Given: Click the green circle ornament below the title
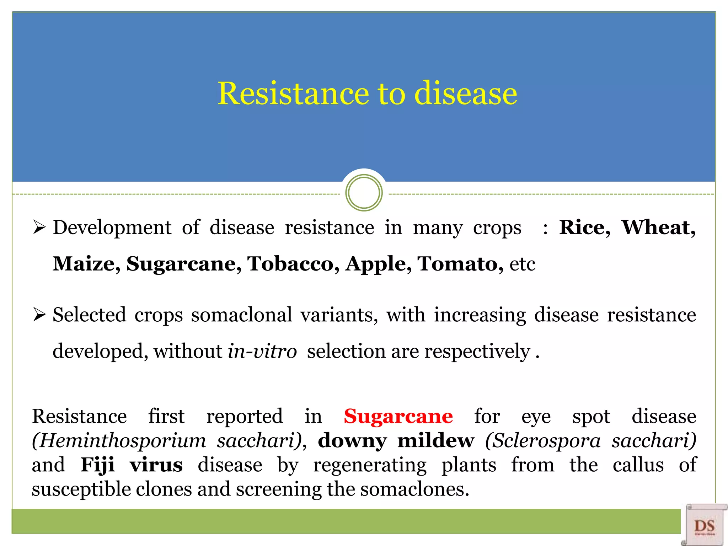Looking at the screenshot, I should click(364, 193).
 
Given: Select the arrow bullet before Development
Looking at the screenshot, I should click(39, 227).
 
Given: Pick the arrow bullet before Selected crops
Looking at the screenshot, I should click(39, 315).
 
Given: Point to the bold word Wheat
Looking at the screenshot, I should click(658, 227).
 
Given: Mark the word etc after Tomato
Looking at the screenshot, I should click(522, 264).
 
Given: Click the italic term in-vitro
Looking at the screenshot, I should click(262, 352).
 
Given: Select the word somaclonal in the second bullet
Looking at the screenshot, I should click(241, 315).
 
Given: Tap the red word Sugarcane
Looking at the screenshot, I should click(398, 416).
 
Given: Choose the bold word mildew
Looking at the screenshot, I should click(435, 441).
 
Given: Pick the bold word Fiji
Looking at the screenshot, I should click(97, 465).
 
